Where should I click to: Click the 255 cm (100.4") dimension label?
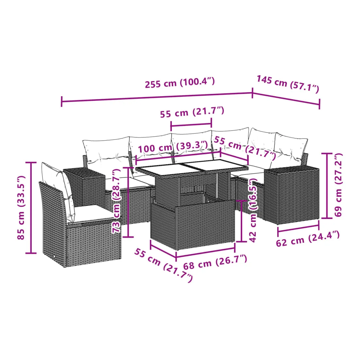(180, 83)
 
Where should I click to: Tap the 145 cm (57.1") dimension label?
(288, 84)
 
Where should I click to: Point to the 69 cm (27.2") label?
(338, 185)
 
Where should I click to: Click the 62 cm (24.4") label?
(308, 239)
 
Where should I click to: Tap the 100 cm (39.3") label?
(173, 147)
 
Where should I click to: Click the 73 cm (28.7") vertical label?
(116, 201)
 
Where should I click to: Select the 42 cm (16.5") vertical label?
(253, 210)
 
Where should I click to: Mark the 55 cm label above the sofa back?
(192, 112)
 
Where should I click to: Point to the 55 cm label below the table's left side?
(163, 265)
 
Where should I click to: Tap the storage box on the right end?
(291, 195)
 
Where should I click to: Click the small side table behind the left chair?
(84, 187)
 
